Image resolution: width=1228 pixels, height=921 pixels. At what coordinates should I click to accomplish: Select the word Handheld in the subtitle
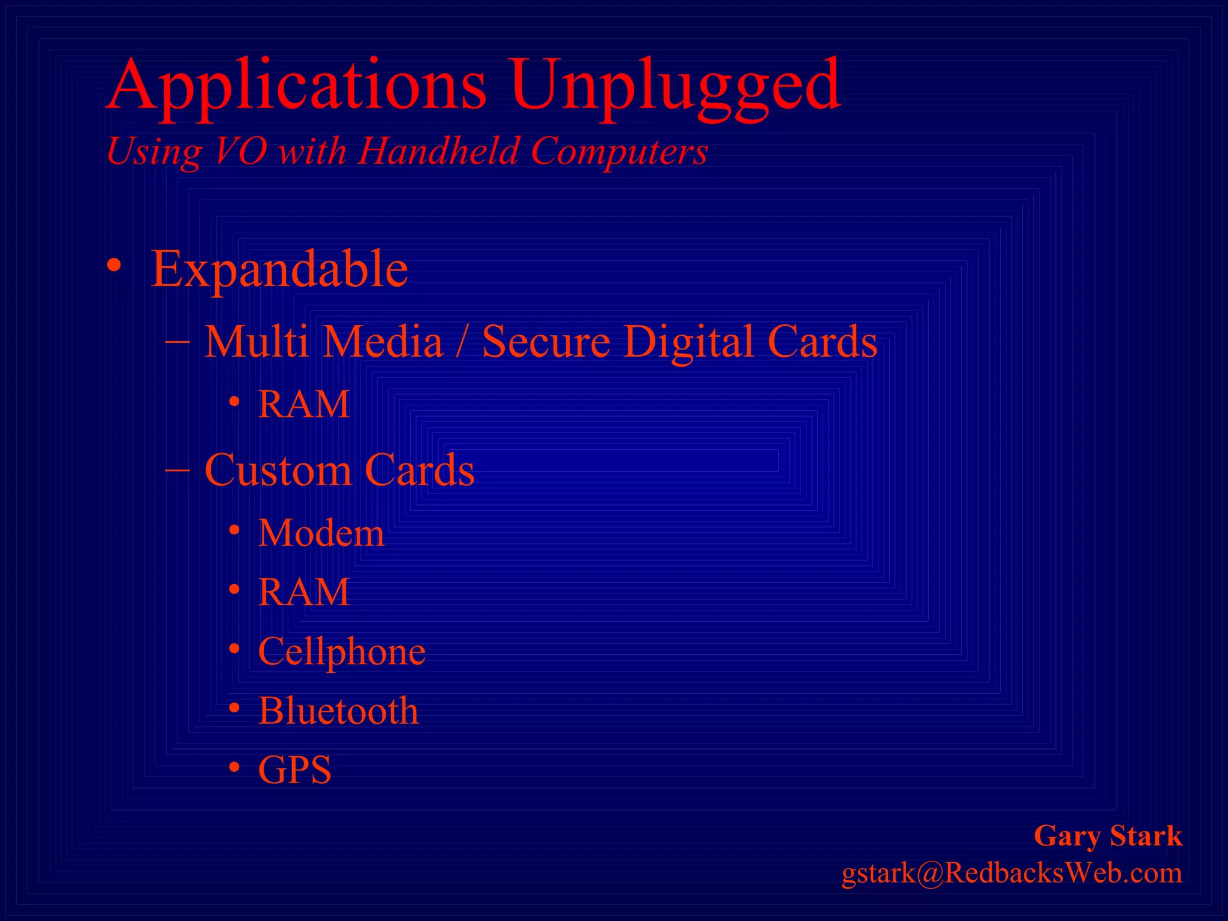coord(438,151)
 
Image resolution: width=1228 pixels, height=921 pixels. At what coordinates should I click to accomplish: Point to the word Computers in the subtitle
coord(619,152)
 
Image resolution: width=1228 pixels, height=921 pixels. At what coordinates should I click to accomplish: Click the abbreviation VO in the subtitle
coord(240,151)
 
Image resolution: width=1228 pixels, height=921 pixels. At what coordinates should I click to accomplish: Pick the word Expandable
coord(279,269)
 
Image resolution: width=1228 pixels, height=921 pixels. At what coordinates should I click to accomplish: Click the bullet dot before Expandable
coord(114,266)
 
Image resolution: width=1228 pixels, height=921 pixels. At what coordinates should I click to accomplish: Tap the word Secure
coord(546,342)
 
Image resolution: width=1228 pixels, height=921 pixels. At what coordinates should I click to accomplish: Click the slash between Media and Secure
coord(461,342)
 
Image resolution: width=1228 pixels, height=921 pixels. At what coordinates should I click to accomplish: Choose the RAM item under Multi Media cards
coord(304,404)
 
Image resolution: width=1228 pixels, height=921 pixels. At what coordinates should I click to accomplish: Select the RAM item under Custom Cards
coord(304,592)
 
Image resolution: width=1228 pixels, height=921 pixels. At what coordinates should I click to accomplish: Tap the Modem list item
coord(321,532)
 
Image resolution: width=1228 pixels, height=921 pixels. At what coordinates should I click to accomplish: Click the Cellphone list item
coord(341,652)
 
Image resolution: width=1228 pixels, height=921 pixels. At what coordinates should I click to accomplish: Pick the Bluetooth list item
coord(338,711)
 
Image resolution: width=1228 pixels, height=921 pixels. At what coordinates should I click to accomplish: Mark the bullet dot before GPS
coord(235,767)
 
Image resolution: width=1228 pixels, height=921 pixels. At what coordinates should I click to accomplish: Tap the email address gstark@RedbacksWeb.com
coord(1012,874)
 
